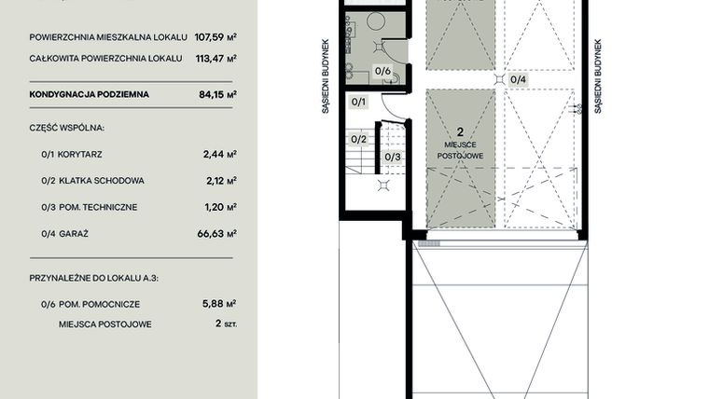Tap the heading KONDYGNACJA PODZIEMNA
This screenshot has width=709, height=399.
[x=89, y=94]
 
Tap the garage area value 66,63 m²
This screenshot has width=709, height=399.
[x=218, y=233]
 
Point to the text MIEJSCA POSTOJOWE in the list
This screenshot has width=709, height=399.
[x=104, y=324]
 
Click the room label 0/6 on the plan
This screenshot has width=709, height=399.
[x=382, y=70]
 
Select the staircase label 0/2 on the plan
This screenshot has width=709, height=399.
[x=359, y=139]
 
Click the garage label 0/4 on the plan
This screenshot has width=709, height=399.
[x=518, y=79]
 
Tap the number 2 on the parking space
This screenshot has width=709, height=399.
[x=460, y=133]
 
